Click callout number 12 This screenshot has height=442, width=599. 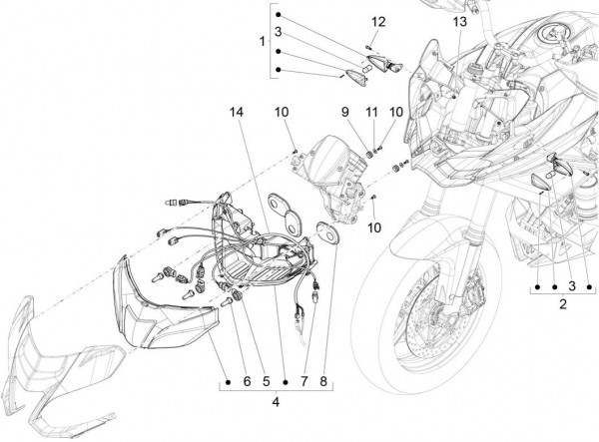(377, 22)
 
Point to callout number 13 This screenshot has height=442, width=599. (458, 22)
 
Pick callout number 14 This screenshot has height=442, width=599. (237, 112)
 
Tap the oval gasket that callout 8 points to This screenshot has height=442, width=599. (324, 232)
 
